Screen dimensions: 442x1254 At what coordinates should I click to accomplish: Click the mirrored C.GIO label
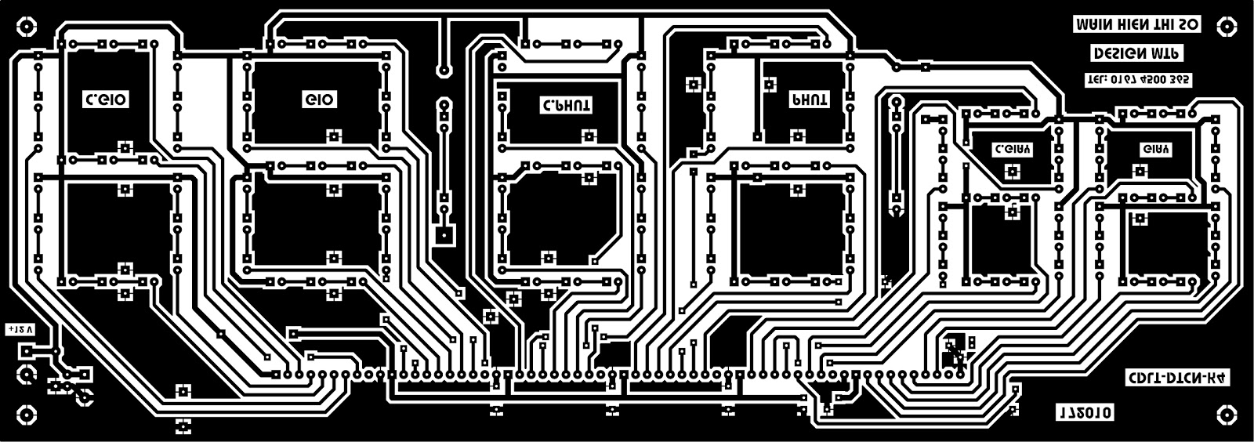[x=106, y=100]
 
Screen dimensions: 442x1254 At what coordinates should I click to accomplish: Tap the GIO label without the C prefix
[x=320, y=100]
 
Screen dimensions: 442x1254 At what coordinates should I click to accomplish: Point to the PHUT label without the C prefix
[x=808, y=100]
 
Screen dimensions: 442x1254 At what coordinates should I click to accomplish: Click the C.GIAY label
[x=1011, y=147]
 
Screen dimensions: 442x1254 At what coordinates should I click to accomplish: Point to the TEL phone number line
[x=1138, y=80]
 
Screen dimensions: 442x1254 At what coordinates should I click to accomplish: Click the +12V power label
[x=20, y=329]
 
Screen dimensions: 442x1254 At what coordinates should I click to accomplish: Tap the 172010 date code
[x=1085, y=412]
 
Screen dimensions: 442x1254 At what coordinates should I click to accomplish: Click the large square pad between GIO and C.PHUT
[x=444, y=234]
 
